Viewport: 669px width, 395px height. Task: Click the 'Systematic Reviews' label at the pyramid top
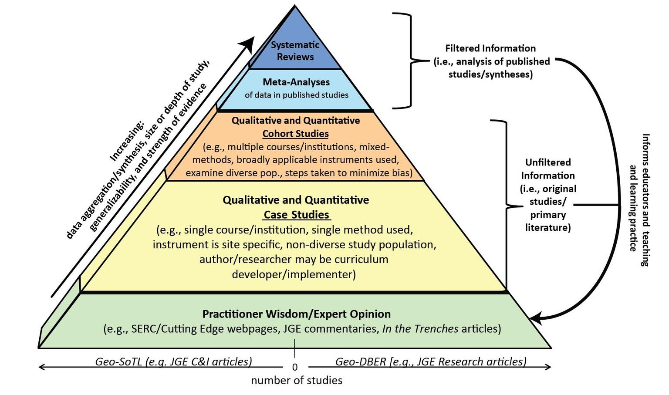coord(295,51)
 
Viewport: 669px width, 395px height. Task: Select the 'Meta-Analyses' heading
coord(296,82)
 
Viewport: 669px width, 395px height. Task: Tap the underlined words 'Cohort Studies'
coord(295,134)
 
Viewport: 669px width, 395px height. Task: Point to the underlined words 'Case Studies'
coord(297,215)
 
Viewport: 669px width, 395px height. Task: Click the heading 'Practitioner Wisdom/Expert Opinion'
coord(297,314)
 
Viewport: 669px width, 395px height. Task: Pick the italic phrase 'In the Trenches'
coord(420,329)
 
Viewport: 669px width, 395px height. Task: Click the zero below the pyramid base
coord(295,367)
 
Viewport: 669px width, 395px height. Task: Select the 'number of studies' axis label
coord(297,381)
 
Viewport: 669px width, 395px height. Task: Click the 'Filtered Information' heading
coord(490,48)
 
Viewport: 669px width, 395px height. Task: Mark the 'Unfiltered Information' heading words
coord(548,169)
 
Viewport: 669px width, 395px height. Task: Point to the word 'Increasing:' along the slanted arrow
coord(126,142)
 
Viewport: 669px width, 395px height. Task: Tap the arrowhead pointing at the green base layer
coord(535,317)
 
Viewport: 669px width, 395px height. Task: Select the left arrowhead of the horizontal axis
coord(42,367)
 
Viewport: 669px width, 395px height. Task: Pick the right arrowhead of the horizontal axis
coord(548,367)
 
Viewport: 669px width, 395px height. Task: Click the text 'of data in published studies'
coord(297,95)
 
